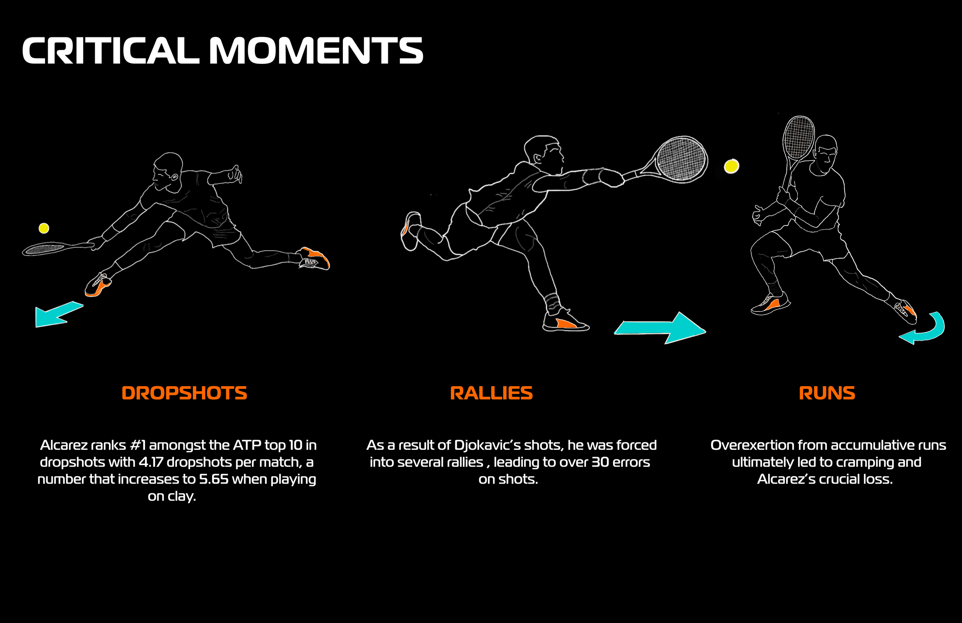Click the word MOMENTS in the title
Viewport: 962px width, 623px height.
(x=316, y=50)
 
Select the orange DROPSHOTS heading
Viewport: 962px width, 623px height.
(x=184, y=393)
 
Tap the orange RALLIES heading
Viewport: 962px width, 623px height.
(x=491, y=393)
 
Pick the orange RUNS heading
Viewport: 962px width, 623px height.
(x=827, y=393)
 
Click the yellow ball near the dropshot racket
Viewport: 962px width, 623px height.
(x=43, y=228)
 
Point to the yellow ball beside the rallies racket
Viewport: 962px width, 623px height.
(x=731, y=166)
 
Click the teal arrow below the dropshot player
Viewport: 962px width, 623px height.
(x=57, y=315)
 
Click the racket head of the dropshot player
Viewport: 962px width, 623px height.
(x=45, y=248)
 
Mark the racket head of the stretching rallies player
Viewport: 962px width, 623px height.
(x=681, y=159)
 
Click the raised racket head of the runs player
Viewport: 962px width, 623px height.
(x=798, y=137)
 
